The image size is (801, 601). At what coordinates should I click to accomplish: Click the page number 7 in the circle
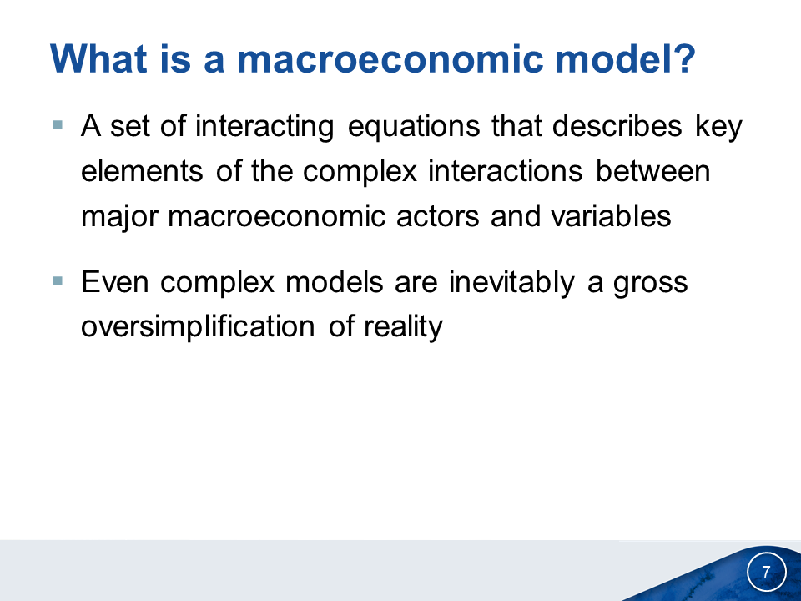click(x=766, y=571)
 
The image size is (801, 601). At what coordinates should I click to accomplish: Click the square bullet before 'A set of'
click(x=58, y=125)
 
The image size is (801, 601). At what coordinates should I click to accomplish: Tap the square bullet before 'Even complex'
click(x=58, y=281)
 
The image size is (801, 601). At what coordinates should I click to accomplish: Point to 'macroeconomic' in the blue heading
click(x=390, y=60)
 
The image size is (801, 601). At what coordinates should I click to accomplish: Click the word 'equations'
click(x=414, y=127)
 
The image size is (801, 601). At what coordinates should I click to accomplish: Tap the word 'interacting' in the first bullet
click(x=264, y=127)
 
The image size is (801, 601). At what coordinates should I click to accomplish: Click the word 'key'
click(x=718, y=127)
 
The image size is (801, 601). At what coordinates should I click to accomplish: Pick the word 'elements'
click(x=142, y=170)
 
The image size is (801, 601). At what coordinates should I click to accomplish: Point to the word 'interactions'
click(x=506, y=170)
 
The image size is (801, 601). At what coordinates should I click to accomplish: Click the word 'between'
click(x=652, y=170)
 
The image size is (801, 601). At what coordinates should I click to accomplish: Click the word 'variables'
click(x=611, y=215)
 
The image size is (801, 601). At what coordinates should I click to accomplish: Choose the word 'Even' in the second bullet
click(x=115, y=281)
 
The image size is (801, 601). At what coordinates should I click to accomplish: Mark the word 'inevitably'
click(x=511, y=283)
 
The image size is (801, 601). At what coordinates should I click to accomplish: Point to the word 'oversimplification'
click(x=198, y=327)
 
